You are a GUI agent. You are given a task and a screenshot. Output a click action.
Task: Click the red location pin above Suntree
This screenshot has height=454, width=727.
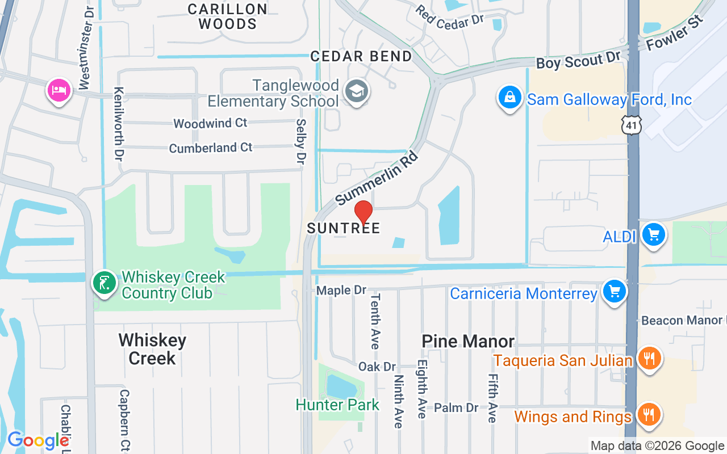tap(363, 212)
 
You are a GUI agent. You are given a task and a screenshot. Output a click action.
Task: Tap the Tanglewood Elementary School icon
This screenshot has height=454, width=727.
tap(357, 91)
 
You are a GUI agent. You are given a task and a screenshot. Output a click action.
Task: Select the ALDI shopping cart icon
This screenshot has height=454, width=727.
tap(653, 234)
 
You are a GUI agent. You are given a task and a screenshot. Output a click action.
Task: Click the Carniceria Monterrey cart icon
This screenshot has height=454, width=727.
tap(614, 291)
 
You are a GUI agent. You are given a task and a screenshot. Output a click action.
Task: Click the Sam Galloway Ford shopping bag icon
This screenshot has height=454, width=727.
tap(510, 98)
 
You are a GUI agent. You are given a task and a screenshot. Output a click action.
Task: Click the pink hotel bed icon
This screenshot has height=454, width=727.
tap(59, 90)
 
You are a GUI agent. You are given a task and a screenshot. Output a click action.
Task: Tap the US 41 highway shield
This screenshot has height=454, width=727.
tap(632, 124)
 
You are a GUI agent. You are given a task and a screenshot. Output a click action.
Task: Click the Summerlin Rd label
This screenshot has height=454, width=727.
tap(377, 178)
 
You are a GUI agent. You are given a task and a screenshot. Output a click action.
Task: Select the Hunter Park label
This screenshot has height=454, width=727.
tap(337, 405)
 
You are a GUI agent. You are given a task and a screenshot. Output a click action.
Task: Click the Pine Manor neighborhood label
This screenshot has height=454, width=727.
tap(468, 341)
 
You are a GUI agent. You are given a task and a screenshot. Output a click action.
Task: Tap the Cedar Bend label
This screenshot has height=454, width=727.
tap(361, 56)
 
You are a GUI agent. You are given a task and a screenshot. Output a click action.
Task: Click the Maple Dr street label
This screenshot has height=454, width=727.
tap(341, 290)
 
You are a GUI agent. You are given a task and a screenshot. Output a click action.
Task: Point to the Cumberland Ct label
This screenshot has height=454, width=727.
tap(211, 148)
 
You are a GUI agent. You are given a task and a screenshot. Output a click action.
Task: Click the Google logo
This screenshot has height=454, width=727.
tap(38, 440)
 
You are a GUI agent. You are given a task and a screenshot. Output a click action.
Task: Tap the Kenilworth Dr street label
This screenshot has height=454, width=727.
tap(119, 123)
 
